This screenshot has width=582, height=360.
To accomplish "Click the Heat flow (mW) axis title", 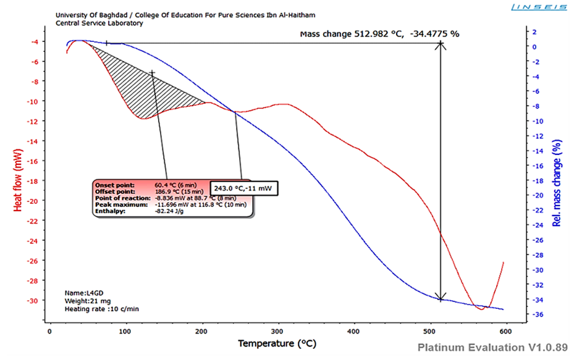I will (x=18, y=182).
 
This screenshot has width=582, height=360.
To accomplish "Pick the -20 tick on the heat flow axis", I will (x=31, y=201).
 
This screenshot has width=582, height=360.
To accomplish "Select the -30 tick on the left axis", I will (x=31, y=300).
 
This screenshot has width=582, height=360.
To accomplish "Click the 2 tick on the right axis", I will (x=535, y=31).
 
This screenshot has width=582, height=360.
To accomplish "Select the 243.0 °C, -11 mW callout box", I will (x=245, y=188).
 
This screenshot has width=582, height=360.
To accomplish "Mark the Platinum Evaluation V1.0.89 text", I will (x=492, y=348).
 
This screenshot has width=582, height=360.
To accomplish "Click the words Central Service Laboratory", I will (x=99, y=23).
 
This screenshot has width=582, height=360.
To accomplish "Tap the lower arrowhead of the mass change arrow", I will (x=441, y=298).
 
